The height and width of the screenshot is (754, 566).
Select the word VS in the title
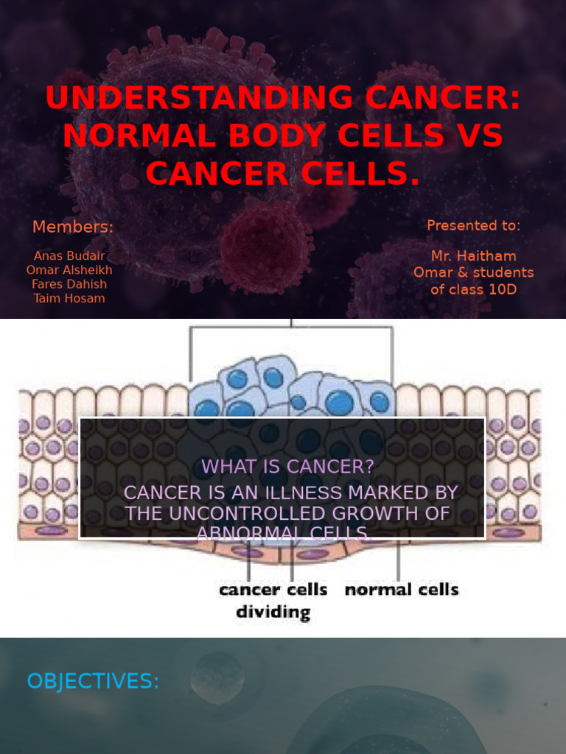click(x=478, y=135)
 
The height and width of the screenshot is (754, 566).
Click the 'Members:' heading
click(x=72, y=227)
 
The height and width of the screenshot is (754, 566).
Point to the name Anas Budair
click(x=69, y=256)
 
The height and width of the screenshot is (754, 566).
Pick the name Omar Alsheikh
click(x=69, y=269)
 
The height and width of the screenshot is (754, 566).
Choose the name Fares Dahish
click(x=69, y=284)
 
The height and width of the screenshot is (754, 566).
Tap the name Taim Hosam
click(x=69, y=298)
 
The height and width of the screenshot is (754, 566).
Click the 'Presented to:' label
click(x=473, y=225)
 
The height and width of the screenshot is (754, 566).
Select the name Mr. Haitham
click(x=473, y=256)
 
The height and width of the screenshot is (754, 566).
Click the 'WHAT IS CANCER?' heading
click(x=287, y=466)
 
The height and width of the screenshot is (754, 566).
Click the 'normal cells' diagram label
click(x=402, y=589)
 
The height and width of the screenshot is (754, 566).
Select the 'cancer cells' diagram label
click(x=273, y=589)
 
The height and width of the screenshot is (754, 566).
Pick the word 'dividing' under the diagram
click(x=273, y=611)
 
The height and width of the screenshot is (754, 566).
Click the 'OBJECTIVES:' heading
click(x=93, y=682)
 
